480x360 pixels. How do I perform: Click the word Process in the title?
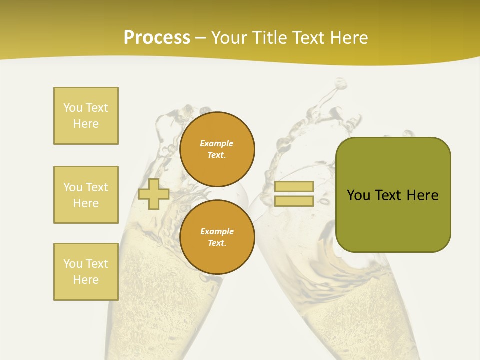tap(157, 38)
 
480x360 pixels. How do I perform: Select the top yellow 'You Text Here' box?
tap(86, 116)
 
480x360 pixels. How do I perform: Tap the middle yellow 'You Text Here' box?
tap(86, 195)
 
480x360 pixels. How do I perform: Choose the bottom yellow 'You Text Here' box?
tap(86, 272)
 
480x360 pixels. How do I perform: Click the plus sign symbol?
tap(153, 194)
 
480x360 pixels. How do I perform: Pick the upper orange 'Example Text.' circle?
tap(217, 149)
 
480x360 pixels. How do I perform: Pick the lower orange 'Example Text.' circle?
tap(217, 237)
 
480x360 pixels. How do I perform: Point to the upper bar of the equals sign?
tap(294, 187)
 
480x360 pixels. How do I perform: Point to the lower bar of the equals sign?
tap(294, 201)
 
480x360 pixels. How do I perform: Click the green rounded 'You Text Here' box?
tap(393, 195)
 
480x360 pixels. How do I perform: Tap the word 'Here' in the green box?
tap(422, 195)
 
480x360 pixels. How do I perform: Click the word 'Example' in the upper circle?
tap(216, 143)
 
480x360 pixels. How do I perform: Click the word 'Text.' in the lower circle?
tap(217, 243)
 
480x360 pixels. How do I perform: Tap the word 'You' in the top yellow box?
tap(72, 108)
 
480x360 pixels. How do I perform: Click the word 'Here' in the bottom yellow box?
tap(86, 280)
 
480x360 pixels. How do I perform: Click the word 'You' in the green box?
tap(359, 195)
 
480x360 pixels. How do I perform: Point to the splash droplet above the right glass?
tap(341, 83)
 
